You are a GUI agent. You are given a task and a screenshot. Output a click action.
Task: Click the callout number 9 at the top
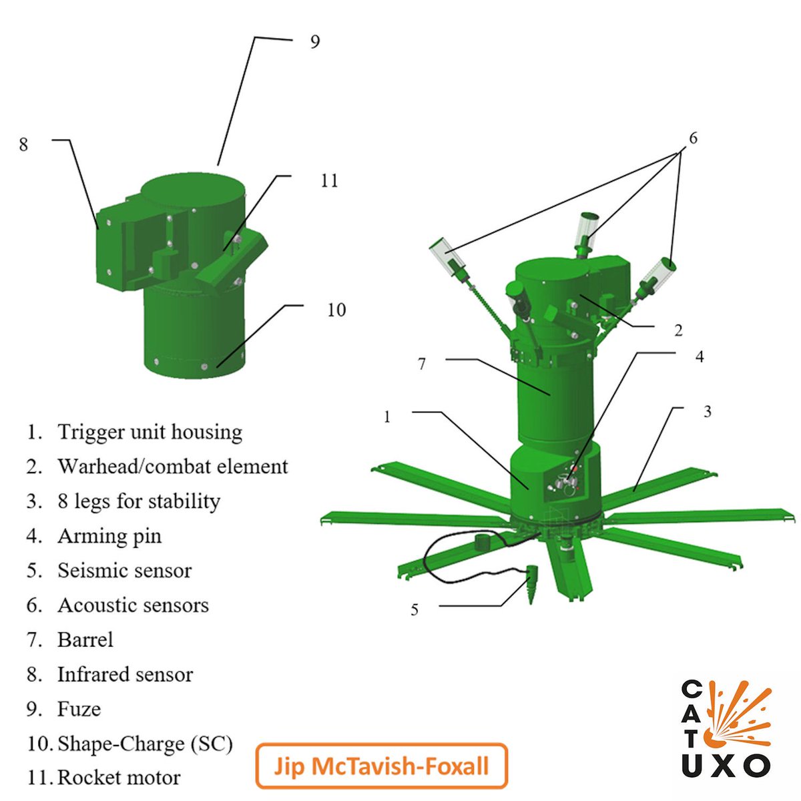pos(315,41)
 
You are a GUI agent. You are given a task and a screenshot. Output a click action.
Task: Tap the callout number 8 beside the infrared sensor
pos(23,144)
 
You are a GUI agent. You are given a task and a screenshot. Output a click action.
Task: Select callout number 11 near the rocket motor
pos(329,181)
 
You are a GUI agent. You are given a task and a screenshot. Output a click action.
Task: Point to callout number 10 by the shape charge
pos(336,310)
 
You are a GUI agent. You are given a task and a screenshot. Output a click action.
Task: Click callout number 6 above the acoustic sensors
pos(693,138)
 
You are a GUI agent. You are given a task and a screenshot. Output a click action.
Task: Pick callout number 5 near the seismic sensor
pos(415,610)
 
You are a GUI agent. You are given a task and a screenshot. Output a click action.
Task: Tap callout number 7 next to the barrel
pos(422,364)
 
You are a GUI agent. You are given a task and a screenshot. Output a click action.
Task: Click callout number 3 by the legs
pos(707,412)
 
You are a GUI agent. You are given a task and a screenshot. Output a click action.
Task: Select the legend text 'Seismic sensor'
pos(124,571)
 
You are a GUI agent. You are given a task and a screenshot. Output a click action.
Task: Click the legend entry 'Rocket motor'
pos(119,778)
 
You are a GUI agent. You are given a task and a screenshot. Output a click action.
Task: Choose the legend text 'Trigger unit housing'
pos(150,433)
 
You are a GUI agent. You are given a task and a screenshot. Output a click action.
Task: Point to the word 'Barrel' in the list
pos(85,639)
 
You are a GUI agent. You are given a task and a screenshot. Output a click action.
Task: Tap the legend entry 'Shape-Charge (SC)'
pos(145,744)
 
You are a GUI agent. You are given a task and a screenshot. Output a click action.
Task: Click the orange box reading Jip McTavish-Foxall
pos(381,766)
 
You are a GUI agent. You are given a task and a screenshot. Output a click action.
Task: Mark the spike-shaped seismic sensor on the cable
pos(531,585)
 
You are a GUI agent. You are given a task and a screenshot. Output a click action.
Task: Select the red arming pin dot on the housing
pos(575,469)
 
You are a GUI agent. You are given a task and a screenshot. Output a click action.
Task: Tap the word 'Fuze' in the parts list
pos(79,709)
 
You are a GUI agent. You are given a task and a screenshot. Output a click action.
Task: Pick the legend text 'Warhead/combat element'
pos(172,467)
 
